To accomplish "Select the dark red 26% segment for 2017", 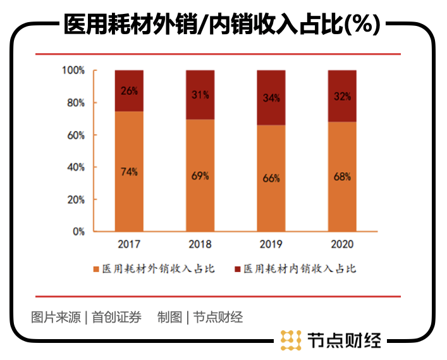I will tap(129, 90).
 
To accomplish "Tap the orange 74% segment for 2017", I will tap(129, 171).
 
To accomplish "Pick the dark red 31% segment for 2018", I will tap(200, 95).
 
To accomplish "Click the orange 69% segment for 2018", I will tap(200, 176).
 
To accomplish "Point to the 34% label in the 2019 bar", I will tap(271, 98).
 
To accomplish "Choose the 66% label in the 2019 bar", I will tap(271, 178).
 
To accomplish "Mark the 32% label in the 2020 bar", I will tap(342, 97).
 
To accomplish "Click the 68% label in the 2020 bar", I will tap(342, 177).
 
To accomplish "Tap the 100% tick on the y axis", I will tap(73, 70).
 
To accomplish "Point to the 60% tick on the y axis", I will tap(76, 135).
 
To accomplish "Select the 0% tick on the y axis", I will tap(78, 232).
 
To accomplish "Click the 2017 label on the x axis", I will tap(129, 244).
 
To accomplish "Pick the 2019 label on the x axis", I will tap(271, 244).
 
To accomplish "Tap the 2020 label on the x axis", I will tap(342, 244).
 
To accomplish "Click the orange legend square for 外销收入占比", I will tap(97, 270).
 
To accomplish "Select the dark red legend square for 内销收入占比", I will tap(238, 270).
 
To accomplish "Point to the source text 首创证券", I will tap(116, 317).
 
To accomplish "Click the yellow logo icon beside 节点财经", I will tap(291, 340).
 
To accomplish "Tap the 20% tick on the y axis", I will tap(76, 199).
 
